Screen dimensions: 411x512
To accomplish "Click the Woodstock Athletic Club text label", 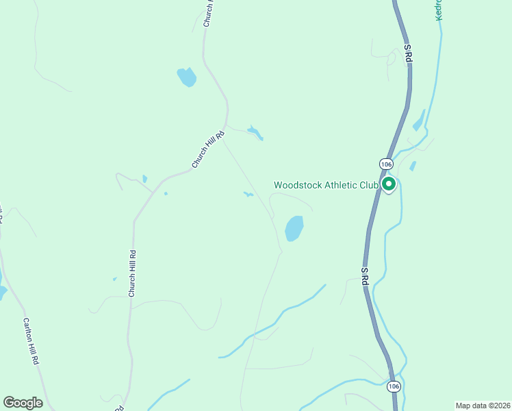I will pyautogui.click(x=326, y=185).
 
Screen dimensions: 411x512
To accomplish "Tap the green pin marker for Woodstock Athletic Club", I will pyautogui.click(x=389, y=184).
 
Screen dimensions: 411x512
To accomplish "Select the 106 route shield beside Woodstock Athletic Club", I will pyautogui.click(x=385, y=164).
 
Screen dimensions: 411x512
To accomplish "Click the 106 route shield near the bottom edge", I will pyautogui.click(x=393, y=387).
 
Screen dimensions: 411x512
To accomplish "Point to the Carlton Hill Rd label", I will pyautogui.click(x=30, y=341).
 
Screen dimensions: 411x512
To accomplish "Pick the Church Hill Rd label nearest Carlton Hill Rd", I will pyautogui.click(x=133, y=273).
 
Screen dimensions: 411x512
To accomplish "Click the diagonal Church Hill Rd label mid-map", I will pyautogui.click(x=208, y=149).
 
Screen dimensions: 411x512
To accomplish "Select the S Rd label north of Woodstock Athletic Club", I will pyautogui.click(x=408, y=54).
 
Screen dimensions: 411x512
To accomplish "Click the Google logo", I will pyautogui.click(x=23, y=403).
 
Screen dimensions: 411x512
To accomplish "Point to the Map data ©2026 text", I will pyautogui.click(x=483, y=406).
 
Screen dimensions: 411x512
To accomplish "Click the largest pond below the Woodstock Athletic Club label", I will pyautogui.click(x=294, y=228).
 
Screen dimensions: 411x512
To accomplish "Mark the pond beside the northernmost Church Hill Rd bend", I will pyautogui.click(x=186, y=77).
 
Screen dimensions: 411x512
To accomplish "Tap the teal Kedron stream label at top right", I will pyautogui.click(x=439, y=10).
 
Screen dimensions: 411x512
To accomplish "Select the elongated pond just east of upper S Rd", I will pyautogui.click(x=418, y=122).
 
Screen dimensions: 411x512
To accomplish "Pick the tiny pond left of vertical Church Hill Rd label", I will pyautogui.click(x=114, y=279).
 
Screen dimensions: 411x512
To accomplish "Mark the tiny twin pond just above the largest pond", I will pyautogui.click(x=248, y=195).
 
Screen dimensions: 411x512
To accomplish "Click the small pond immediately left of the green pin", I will pyautogui.click(x=413, y=166).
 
